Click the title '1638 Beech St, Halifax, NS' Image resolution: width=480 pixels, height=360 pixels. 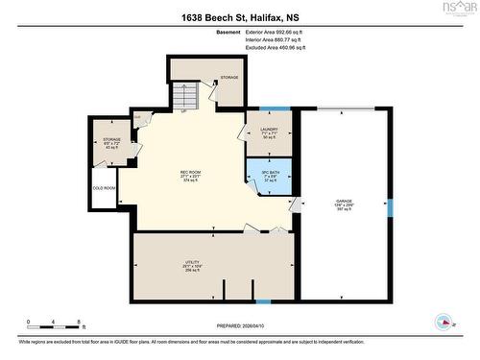pyautogui.click(x=239, y=17)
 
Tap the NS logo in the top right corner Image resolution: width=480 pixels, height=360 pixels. pyautogui.click(x=457, y=10)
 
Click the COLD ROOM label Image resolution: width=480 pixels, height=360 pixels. pyautogui.click(x=104, y=188)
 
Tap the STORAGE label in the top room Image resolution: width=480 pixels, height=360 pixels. pyautogui.click(x=229, y=77)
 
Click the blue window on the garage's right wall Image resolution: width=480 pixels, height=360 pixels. pyautogui.click(x=390, y=206)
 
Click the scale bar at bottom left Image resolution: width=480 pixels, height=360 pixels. pyautogui.click(x=56, y=323)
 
